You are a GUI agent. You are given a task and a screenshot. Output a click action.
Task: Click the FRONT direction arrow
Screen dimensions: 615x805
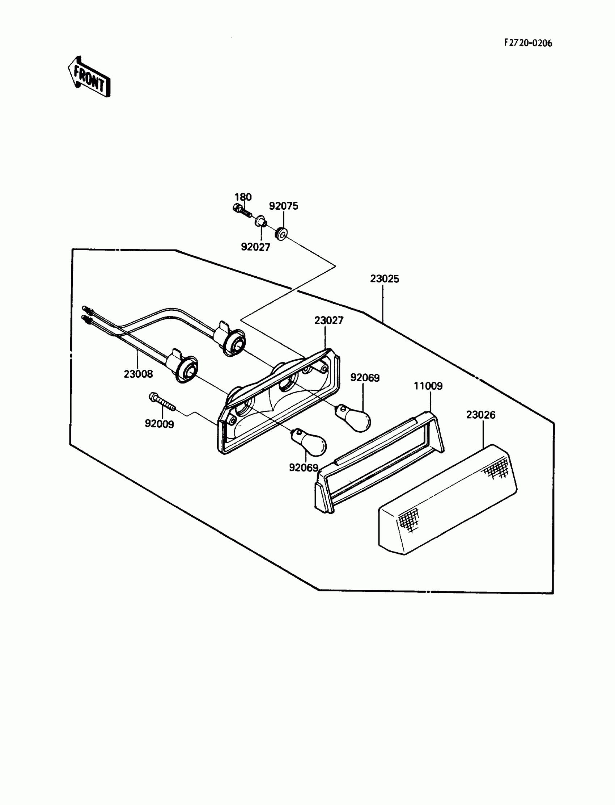[x=89, y=77]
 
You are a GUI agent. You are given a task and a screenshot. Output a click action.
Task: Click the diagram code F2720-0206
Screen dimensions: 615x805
[x=528, y=43]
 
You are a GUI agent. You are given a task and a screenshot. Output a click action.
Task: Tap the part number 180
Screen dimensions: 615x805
[x=243, y=197]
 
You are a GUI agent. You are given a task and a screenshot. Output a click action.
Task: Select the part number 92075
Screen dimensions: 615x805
[x=283, y=206]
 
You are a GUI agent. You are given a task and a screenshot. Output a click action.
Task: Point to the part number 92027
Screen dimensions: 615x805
[x=255, y=247]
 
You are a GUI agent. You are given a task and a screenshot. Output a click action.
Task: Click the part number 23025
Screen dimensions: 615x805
[x=384, y=279]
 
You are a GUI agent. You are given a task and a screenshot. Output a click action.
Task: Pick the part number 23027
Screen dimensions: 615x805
[x=329, y=320]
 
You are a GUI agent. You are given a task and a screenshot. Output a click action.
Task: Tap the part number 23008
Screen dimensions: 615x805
[x=138, y=374]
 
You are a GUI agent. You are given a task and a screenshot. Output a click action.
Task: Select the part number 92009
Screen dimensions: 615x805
[x=159, y=424]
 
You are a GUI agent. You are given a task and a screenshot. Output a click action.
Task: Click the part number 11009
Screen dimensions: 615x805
[x=428, y=386]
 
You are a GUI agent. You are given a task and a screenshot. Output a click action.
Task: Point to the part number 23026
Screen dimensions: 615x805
[x=480, y=415]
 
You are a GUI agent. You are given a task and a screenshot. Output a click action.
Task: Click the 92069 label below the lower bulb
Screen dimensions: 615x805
[x=304, y=468]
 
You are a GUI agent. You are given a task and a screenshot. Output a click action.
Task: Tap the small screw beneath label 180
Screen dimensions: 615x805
[x=242, y=211]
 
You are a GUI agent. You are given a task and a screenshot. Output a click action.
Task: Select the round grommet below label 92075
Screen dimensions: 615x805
[x=281, y=234]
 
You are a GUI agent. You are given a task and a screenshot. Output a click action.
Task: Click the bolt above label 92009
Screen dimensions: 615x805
[x=162, y=402]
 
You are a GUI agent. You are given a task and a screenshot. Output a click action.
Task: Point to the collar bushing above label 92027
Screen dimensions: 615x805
[x=260, y=221]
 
